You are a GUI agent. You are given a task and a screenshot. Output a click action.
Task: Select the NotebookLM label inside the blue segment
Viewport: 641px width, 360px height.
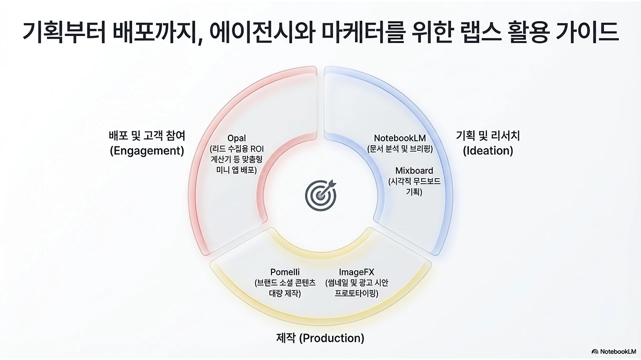click(x=400, y=138)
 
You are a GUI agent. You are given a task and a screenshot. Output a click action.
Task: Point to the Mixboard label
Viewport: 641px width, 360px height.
click(x=414, y=171)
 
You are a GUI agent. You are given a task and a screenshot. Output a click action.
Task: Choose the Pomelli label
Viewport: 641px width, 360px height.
click(x=285, y=272)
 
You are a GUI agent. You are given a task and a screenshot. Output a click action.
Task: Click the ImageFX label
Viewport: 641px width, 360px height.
click(x=357, y=272)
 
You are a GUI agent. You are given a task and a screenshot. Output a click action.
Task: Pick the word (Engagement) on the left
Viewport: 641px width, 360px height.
click(x=147, y=151)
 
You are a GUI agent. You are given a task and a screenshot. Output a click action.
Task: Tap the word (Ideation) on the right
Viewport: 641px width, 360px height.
click(x=488, y=151)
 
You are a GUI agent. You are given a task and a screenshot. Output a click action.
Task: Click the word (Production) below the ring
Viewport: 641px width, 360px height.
click(x=332, y=338)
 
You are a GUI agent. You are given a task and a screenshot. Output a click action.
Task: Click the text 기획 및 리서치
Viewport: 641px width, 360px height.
click(x=488, y=136)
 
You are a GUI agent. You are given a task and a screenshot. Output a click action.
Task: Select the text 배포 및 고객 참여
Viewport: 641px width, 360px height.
click(x=147, y=136)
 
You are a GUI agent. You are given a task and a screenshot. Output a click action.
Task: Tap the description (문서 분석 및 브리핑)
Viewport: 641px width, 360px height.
click(x=400, y=149)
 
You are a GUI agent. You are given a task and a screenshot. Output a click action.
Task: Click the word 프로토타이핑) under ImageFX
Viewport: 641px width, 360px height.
click(x=357, y=293)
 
